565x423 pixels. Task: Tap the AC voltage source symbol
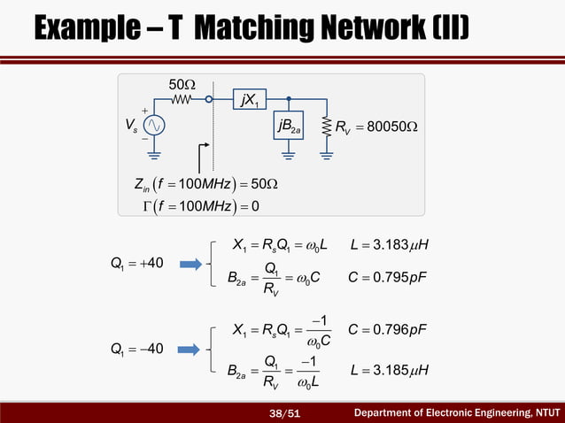pyautogui.click(x=156, y=126)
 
